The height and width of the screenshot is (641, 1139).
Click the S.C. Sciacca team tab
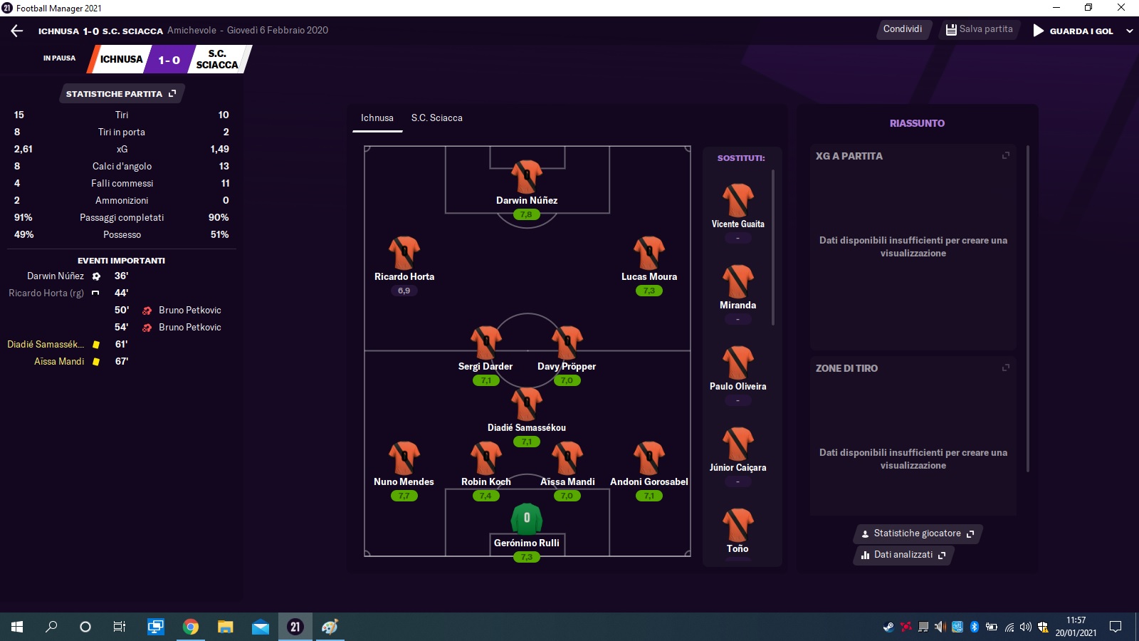pos(436,118)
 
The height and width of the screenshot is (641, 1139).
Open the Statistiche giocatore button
pos(918,533)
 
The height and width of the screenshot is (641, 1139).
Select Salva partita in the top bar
pos(979,29)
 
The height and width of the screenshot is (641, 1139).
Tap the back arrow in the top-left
pos(17,31)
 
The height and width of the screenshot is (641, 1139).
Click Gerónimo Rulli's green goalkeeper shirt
pos(526,519)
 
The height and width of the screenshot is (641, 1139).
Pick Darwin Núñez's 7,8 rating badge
pos(526,214)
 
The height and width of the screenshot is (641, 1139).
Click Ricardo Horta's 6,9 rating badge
pos(404,291)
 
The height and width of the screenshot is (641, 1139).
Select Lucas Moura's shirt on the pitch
pos(649,252)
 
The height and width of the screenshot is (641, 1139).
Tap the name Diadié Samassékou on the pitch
pos(526,427)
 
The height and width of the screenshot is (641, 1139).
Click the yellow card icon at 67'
pos(95,362)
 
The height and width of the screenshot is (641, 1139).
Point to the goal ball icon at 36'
pos(96,276)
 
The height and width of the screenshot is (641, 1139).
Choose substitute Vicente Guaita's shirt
pos(738,200)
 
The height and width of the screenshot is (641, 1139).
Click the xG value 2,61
pos(23,149)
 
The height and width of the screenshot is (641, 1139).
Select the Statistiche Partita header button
pos(121,93)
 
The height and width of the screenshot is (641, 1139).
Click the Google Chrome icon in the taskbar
pos(191,627)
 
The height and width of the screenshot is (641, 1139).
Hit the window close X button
pos(1120,8)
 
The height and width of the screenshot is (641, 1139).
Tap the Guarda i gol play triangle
pos(1039,31)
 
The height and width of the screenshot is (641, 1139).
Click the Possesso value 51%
pos(220,234)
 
